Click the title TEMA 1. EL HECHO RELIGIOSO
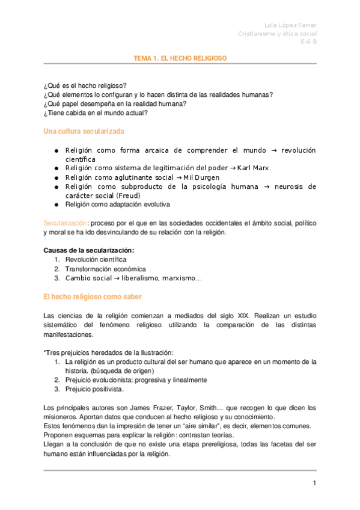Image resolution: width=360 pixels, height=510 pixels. (x=180, y=58)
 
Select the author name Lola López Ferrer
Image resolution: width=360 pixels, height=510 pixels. (x=291, y=25)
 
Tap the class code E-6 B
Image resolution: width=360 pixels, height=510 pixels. (x=309, y=43)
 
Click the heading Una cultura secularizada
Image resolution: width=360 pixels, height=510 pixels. (x=84, y=131)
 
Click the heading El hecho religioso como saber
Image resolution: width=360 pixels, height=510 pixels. (x=93, y=296)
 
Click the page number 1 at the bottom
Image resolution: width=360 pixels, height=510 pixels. (x=314, y=484)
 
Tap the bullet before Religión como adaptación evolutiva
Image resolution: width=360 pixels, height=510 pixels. (x=56, y=204)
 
